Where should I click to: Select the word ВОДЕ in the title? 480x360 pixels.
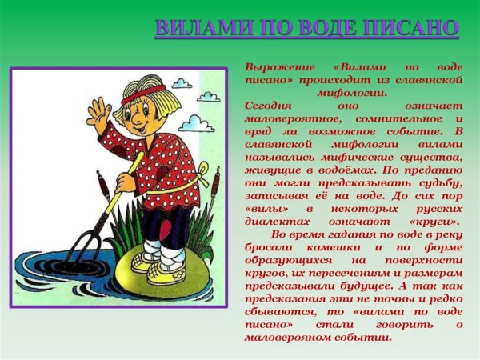click(x=322, y=27)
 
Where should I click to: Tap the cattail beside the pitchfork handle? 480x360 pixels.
click(x=105, y=193)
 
